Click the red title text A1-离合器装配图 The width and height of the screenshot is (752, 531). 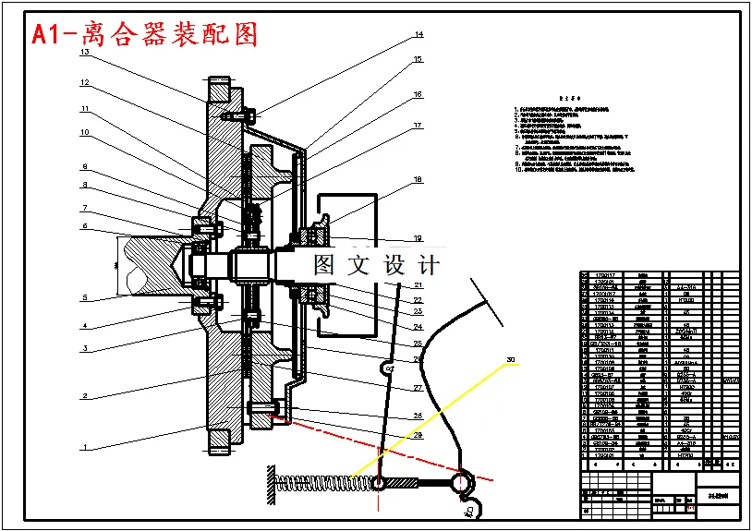coord(144,34)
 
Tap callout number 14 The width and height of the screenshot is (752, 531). coord(418,35)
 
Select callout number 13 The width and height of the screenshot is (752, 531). coord(84,53)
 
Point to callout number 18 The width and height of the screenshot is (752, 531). coord(418,179)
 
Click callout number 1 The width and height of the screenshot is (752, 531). coord(84,447)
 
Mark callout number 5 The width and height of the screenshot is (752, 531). coord(84,297)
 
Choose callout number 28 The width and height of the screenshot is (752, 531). coord(418,416)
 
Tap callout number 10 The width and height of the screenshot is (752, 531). coord(84,132)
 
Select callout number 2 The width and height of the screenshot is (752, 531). coord(84,395)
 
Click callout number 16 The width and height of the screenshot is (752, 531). coord(418,94)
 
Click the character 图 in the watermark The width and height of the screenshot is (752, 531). coord(325,266)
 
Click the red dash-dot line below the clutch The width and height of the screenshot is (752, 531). coord(370,441)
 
